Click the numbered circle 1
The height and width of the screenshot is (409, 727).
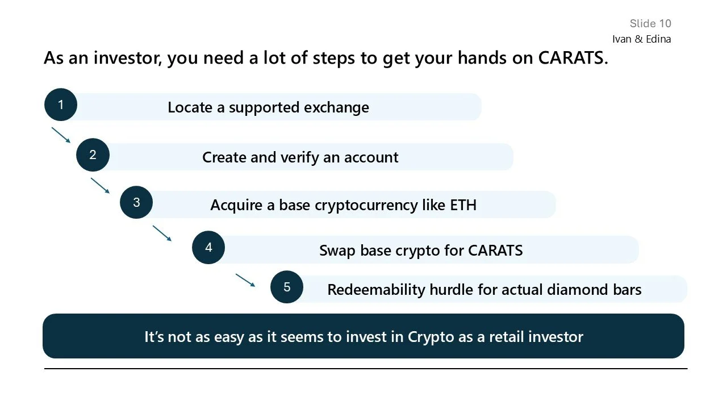click(61, 105)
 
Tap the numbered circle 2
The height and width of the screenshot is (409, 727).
click(93, 155)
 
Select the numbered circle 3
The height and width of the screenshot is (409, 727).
click(136, 202)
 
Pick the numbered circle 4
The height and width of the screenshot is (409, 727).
click(208, 248)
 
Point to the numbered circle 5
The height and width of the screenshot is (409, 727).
click(287, 287)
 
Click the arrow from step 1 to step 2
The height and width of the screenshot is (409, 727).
click(61, 135)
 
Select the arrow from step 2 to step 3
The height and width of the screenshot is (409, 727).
click(100, 186)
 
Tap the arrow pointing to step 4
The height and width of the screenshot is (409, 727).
click(162, 233)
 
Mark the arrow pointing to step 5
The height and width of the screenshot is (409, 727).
click(245, 280)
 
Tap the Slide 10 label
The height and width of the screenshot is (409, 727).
click(650, 23)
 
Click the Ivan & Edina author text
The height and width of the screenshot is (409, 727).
click(641, 39)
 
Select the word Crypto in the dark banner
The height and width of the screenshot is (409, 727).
click(431, 337)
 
